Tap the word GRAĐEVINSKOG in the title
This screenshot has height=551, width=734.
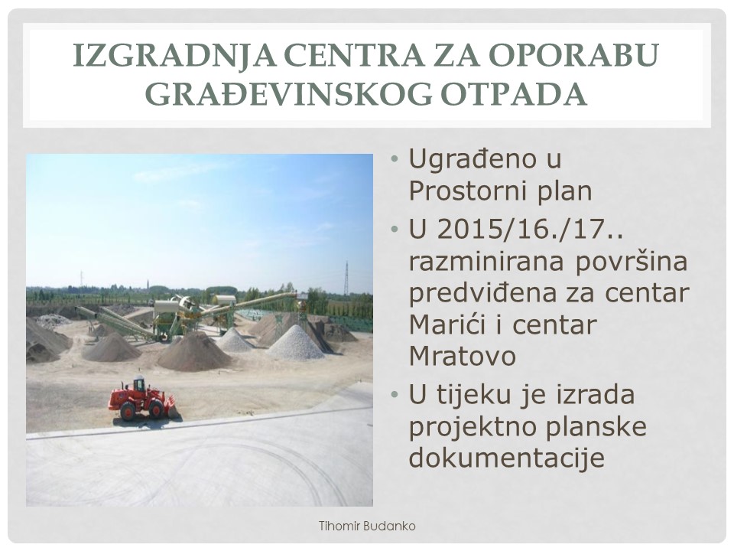coord(288,94)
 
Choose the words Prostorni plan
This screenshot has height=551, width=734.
coord(500,191)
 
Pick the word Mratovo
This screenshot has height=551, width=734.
coord(463,356)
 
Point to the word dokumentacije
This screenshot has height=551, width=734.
coord(506,457)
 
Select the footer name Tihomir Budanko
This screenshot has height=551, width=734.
coord(367,527)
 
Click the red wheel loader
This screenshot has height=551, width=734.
coord(141,399)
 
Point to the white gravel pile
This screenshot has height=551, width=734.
coord(295,344)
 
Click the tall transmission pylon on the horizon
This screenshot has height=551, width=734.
coord(346,279)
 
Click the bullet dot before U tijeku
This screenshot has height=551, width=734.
coord(395,395)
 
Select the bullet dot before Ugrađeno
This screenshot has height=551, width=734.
coord(395,159)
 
